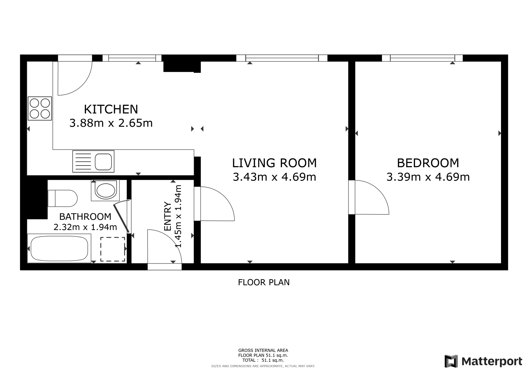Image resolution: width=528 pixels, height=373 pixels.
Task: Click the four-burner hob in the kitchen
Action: point(40,108)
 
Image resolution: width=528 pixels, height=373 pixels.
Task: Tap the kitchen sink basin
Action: point(103,162)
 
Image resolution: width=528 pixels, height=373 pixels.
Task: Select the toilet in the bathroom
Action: point(62,198)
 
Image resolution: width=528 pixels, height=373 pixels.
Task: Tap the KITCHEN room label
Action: point(111,109)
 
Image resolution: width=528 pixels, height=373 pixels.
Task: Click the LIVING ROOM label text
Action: point(274,163)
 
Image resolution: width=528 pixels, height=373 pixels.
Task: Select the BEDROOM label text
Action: point(428,163)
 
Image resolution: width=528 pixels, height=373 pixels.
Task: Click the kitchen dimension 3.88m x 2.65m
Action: point(111,123)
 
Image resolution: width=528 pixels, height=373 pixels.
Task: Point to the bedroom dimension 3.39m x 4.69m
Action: point(428,177)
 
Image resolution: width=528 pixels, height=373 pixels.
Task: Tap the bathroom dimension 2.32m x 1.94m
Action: point(85,227)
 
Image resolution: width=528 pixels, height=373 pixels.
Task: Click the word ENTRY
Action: point(167,216)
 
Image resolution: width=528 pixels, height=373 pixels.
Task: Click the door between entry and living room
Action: point(214,204)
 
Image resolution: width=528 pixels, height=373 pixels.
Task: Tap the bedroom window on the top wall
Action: point(422,58)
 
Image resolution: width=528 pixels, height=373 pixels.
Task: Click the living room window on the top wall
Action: point(282,58)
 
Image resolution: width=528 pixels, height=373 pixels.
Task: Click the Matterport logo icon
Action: point(451,361)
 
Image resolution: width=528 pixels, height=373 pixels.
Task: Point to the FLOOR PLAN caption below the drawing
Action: point(264,282)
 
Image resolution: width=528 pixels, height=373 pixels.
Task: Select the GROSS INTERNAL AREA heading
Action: point(263,350)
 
